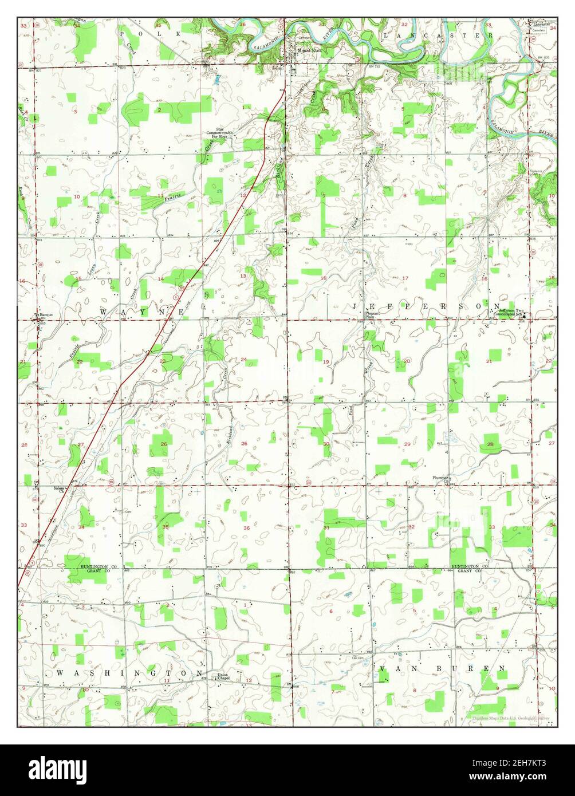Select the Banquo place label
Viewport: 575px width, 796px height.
[46, 314]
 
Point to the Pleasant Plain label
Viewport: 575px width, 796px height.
[373, 315]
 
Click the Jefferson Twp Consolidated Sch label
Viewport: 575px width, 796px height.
[510, 312]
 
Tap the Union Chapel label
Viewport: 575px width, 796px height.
[223, 677]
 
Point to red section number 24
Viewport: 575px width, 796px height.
[243, 360]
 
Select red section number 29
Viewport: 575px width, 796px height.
[407, 444]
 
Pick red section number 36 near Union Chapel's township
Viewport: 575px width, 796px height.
[246, 528]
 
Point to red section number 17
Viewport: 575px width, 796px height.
[405, 278]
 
